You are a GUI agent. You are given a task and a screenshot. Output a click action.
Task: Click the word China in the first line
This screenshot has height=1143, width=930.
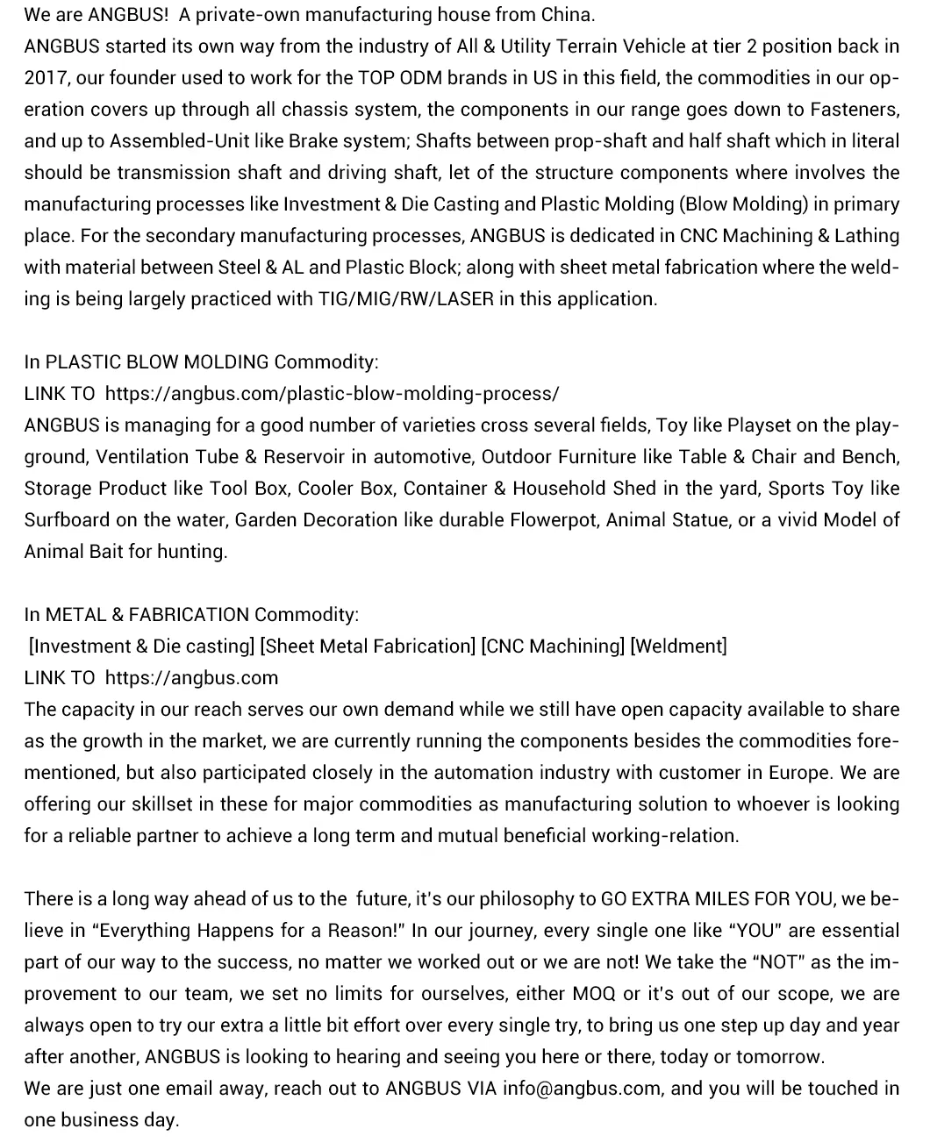(x=569, y=15)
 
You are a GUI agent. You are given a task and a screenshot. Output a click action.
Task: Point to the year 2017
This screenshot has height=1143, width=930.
(x=46, y=78)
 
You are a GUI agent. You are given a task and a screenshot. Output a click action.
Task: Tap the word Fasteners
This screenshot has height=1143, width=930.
(x=854, y=110)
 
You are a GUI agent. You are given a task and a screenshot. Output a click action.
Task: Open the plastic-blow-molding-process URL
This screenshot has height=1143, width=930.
(x=332, y=394)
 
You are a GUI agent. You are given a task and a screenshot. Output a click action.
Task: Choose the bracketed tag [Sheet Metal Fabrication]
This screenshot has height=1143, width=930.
(x=368, y=647)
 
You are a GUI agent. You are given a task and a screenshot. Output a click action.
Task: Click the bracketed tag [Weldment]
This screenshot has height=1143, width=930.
(x=679, y=647)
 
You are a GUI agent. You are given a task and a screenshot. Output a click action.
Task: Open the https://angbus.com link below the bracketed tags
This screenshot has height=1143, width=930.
(x=191, y=678)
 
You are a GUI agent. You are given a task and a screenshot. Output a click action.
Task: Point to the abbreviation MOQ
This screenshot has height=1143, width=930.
(x=594, y=994)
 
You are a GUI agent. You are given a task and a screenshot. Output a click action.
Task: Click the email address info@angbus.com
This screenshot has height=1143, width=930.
(x=582, y=1089)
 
